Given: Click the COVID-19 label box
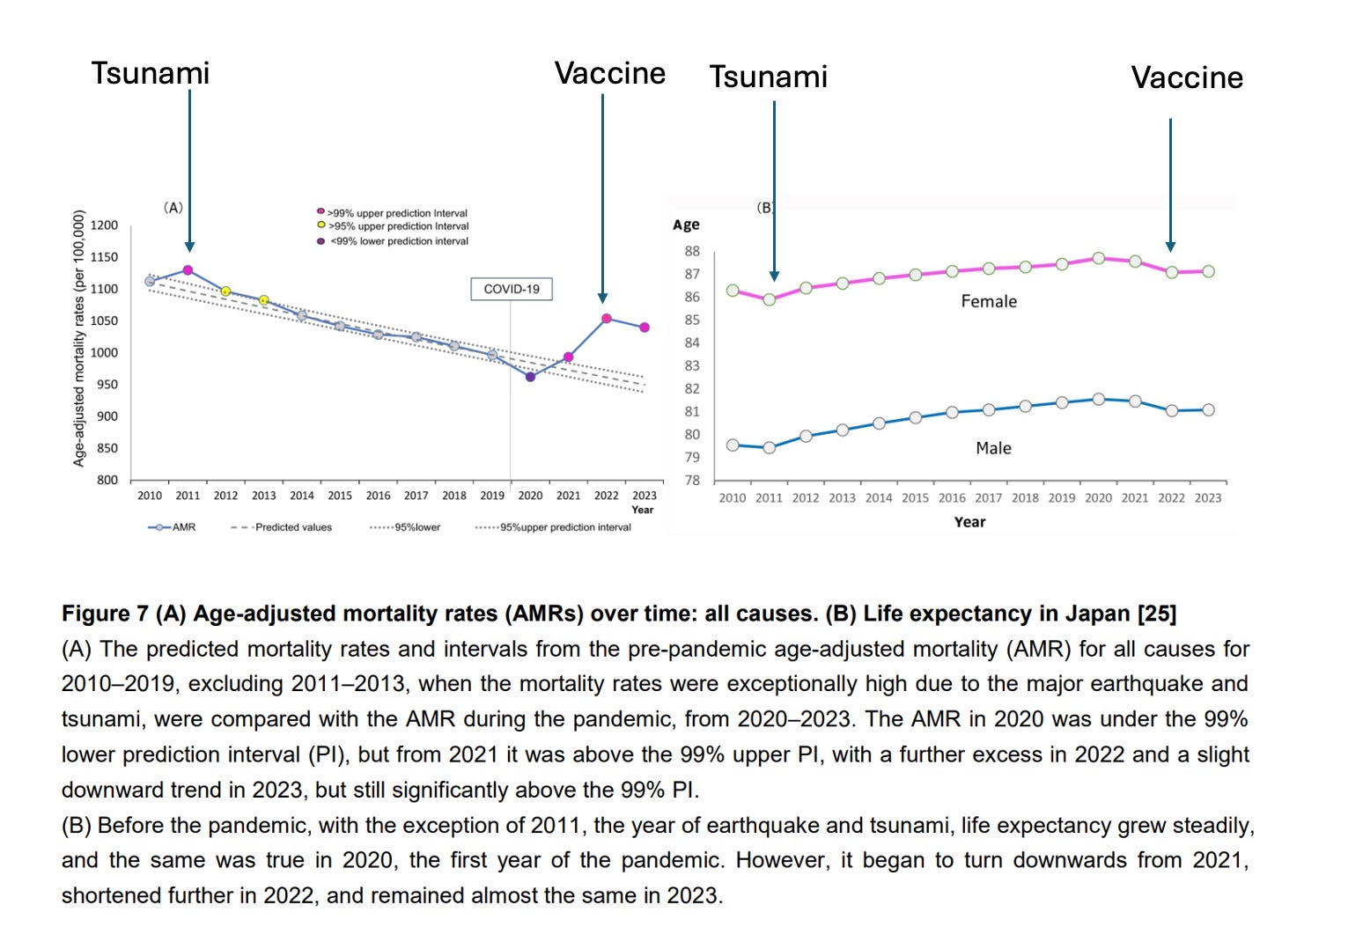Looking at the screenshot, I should click(x=512, y=289).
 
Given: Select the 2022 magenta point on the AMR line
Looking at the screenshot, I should click(x=606, y=319).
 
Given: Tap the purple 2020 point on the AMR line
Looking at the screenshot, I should click(x=530, y=377).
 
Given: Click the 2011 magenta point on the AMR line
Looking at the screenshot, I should click(x=188, y=270).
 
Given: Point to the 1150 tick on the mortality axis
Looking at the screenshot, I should click(x=104, y=257).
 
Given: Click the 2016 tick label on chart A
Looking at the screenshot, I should click(x=378, y=496).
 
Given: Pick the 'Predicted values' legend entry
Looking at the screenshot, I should click(x=282, y=527).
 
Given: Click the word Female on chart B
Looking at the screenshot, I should click(x=989, y=301).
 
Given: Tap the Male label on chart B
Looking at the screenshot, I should click(x=993, y=448).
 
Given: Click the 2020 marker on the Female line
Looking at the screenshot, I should click(x=1098, y=258).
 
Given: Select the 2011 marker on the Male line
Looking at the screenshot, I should click(x=769, y=447).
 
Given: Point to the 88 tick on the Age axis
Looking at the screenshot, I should click(x=692, y=251).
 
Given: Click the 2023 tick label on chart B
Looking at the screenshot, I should click(x=1208, y=497).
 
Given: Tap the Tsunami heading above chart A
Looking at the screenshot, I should click(x=151, y=73).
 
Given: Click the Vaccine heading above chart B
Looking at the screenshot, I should click(x=1187, y=77).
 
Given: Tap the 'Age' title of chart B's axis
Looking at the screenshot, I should click(x=686, y=224).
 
